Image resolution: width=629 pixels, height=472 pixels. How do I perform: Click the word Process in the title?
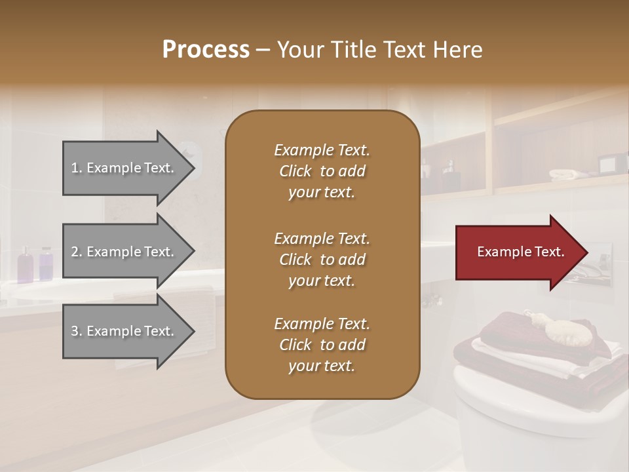pyautogui.click(x=206, y=50)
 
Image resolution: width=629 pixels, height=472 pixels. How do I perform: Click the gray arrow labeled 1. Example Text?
pyautogui.click(x=124, y=168)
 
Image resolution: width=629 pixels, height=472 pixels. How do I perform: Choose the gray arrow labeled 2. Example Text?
pyautogui.click(x=124, y=252)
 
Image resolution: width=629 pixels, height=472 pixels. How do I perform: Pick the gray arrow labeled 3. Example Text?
pyautogui.click(x=124, y=331)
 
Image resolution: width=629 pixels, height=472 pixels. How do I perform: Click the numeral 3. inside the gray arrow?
pyautogui.click(x=77, y=332)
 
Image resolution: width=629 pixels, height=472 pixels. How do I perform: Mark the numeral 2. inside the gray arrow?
pyautogui.click(x=77, y=252)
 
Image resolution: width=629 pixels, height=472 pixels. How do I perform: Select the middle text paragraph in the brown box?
pyautogui.click(x=322, y=260)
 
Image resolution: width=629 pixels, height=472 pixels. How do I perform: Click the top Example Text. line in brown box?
pyautogui.click(x=322, y=150)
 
